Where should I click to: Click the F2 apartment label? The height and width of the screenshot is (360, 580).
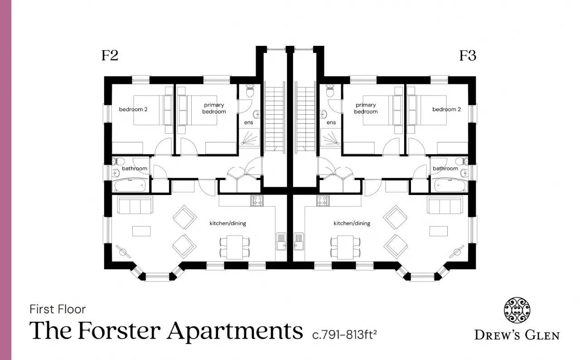110,55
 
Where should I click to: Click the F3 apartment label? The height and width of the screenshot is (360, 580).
468,55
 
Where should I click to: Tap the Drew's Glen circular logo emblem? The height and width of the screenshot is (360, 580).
517,310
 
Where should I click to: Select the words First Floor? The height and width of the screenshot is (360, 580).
58,309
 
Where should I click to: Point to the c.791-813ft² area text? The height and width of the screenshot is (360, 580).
344,335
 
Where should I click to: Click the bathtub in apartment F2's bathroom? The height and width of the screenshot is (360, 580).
130,185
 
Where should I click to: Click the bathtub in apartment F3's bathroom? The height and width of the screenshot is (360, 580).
450,185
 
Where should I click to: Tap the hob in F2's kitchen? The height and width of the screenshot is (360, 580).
257,201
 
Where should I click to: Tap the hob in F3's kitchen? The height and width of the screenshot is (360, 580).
323,201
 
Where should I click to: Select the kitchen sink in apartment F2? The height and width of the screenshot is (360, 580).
281,241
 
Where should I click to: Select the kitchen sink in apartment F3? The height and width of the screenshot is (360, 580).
299,241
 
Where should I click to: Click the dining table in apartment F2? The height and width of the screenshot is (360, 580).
235,247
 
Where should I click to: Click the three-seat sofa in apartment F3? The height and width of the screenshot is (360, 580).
445,205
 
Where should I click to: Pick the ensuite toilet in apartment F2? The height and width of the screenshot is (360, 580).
250,90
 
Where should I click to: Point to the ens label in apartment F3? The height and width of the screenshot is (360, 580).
331,122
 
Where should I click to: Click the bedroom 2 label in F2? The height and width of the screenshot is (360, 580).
133,109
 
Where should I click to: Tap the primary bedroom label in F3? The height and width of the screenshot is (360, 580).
366,108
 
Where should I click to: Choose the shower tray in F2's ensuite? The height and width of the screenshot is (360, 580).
249,138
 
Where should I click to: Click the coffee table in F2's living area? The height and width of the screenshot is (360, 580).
141,231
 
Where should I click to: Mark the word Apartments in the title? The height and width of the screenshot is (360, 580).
235,331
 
